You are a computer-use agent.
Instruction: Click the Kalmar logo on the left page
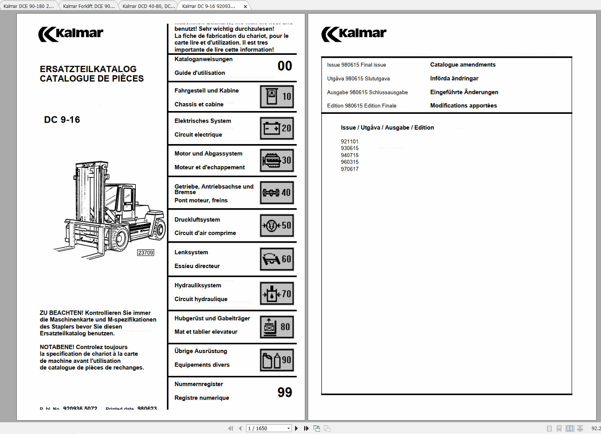pos(71,34)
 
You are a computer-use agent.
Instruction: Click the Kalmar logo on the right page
pos(354,34)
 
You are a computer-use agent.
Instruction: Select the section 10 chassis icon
pos(277,97)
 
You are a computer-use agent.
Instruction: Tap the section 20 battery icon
pos(277,128)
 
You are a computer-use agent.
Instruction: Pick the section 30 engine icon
pos(277,160)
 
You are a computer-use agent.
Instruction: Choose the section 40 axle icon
pos(277,192)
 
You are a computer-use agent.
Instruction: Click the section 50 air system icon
pos(277,225)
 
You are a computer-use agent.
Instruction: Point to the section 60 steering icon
pos(277,259)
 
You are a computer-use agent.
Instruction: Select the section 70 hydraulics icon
pos(277,294)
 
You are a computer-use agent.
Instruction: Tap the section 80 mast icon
pos(277,327)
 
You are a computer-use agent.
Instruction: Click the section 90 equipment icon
pos(277,360)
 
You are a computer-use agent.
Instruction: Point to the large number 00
pos(285,66)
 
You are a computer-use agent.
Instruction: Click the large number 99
pos(285,392)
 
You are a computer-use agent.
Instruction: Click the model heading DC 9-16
pos(62,120)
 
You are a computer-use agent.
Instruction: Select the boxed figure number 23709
pos(146,253)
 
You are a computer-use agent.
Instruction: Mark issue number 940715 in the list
pos(350,155)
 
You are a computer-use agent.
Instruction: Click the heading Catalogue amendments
pos(463,65)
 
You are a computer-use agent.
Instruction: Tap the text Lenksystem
pos(191,252)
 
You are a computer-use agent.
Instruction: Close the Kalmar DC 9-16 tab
pos(246,7)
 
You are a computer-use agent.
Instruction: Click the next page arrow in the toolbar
pos(296,428)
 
